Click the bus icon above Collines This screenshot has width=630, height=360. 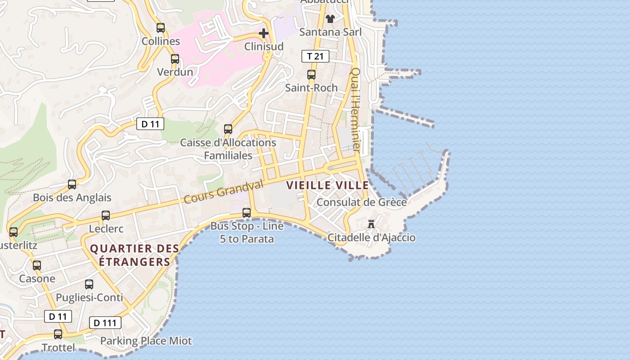pyautogui.click(x=161, y=28)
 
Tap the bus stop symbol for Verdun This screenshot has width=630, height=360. pyautogui.click(x=175, y=59)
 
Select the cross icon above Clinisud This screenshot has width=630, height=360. pyautogui.click(x=264, y=33)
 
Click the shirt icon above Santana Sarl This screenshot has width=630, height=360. pyautogui.click(x=330, y=18)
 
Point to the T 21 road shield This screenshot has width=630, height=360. pyautogui.click(x=315, y=56)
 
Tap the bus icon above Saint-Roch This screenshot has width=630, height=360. pyautogui.click(x=311, y=75)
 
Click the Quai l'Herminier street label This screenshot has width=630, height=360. pyautogui.click(x=356, y=109)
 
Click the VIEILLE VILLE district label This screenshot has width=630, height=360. pyautogui.click(x=328, y=185)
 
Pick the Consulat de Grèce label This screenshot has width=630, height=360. pyautogui.click(x=361, y=202)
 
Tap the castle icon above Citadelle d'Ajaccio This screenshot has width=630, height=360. pyautogui.click(x=371, y=224)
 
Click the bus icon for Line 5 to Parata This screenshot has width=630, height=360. pyautogui.click(x=247, y=213)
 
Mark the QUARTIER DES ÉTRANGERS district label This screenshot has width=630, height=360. pyautogui.click(x=135, y=255)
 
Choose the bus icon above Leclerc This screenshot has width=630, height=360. pyautogui.click(x=106, y=216)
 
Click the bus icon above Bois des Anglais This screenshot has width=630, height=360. pyautogui.click(x=72, y=184)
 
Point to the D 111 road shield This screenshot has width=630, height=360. pyautogui.click(x=105, y=323)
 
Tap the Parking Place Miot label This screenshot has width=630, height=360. pyautogui.click(x=146, y=341)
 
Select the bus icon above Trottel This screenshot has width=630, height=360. pyautogui.click(x=58, y=334)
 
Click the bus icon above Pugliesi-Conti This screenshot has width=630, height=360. pyautogui.click(x=89, y=284)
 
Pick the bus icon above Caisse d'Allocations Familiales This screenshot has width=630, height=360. pyautogui.click(x=228, y=129)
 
